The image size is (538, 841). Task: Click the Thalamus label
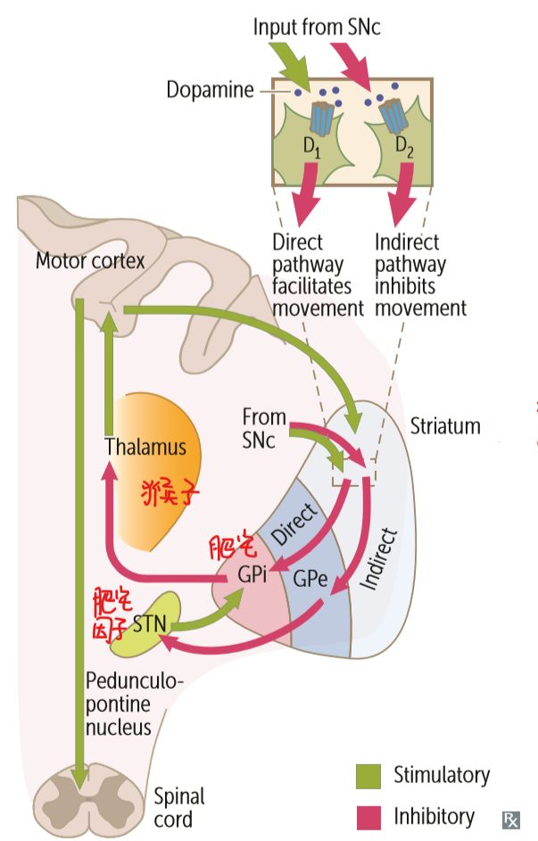[x=145, y=446]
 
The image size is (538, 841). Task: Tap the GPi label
[x=252, y=574]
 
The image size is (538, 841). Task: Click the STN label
[x=148, y=622]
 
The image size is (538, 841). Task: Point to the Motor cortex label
[x=89, y=260]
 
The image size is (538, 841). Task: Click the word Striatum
[x=444, y=425]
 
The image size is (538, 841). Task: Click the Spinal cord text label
[x=179, y=806]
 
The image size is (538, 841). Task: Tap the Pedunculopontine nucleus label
[x=134, y=705]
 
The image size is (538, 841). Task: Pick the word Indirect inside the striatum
[x=378, y=560]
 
